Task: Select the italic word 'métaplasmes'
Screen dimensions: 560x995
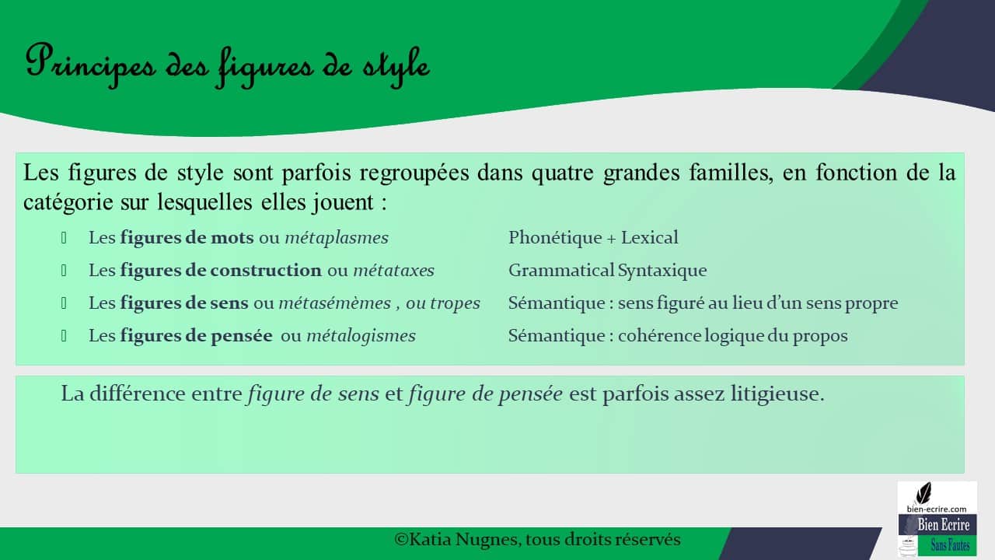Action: point(337,238)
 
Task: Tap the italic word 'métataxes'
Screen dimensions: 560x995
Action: point(393,271)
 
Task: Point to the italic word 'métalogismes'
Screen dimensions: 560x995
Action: point(361,336)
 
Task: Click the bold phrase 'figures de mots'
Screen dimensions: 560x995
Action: point(187,238)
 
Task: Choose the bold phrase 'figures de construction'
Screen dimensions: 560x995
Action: point(220,271)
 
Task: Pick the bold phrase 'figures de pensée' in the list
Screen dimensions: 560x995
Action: point(196,336)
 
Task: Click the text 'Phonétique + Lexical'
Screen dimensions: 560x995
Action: point(593,238)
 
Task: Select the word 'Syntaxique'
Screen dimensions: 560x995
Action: point(662,271)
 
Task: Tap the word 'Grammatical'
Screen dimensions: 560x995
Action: point(561,271)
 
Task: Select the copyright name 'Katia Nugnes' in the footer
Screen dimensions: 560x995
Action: point(460,539)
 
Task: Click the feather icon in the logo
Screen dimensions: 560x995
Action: point(924,494)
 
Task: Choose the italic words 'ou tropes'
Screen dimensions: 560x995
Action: point(443,303)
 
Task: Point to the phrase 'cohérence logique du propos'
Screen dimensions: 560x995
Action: point(732,336)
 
